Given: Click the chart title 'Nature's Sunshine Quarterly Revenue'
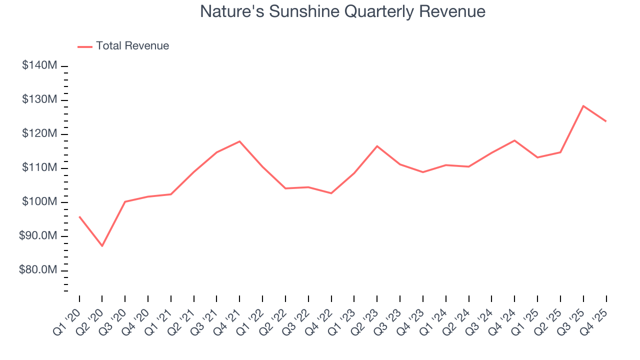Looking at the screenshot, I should coord(342,11).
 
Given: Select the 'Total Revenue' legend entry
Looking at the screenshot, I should coord(132,46).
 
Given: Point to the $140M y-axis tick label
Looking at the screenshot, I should coord(39,66).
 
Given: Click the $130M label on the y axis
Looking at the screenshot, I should coord(39,100).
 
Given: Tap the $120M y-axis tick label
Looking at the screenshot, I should coord(39,134).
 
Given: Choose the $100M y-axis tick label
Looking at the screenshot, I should coord(39,202).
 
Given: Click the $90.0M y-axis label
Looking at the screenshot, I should coord(38,236).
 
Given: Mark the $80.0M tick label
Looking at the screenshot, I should coord(38,270).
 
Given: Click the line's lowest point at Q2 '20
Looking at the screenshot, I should coord(102,246).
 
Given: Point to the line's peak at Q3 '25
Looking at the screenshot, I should coord(583,106).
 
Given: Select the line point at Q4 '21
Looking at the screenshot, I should coord(239,141).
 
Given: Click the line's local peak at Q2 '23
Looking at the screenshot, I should coord(377,146).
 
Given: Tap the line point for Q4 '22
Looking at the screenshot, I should coord(331,193).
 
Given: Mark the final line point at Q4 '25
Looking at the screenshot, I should coord(606,121).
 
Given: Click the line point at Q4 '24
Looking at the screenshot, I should coord(514,140).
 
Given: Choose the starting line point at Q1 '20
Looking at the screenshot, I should coord(79,216).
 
